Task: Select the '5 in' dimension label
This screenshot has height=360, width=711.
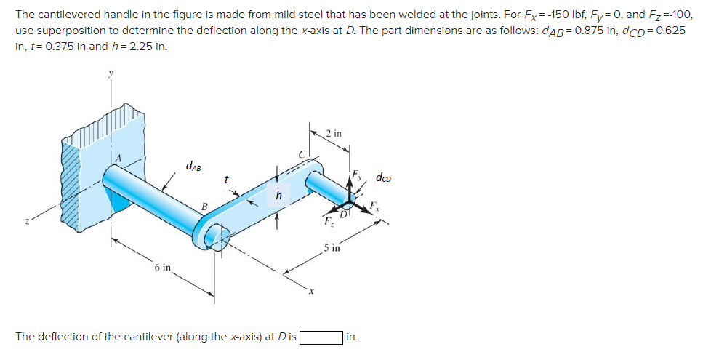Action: (332, 248)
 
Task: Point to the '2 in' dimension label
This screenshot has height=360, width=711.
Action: (334, 133)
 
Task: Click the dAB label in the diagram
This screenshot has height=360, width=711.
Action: (193, 167)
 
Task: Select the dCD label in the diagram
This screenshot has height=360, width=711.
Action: (385, 177)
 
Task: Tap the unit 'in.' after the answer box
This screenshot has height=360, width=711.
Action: (352, 337)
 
